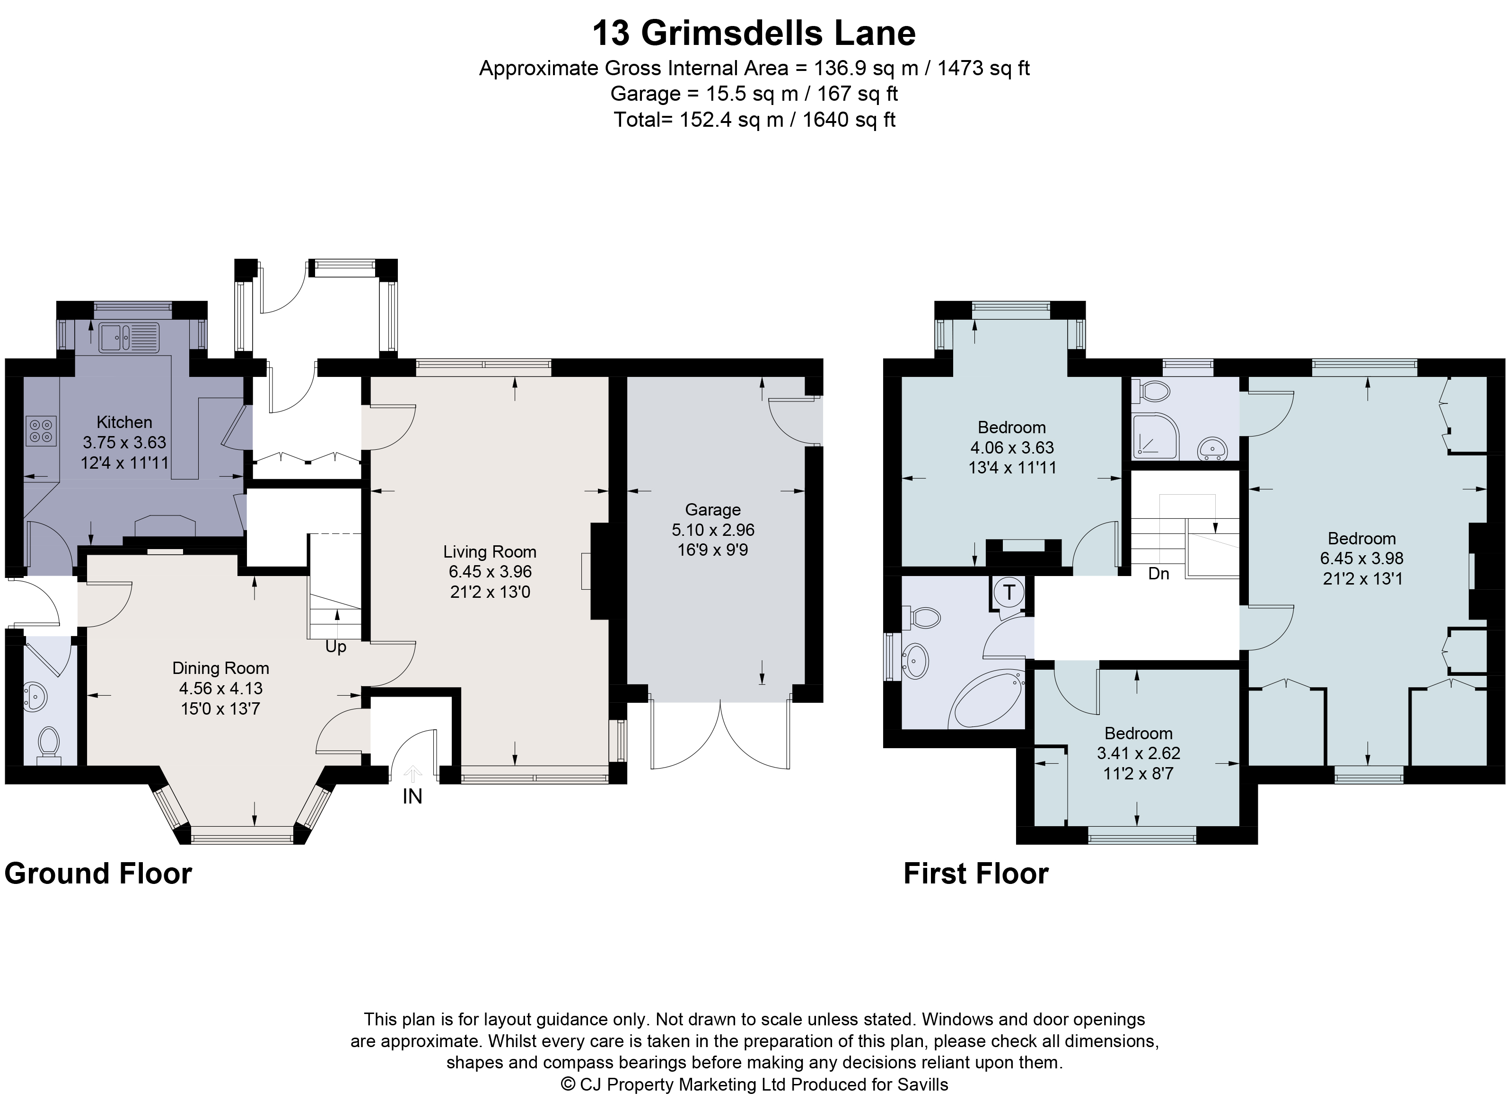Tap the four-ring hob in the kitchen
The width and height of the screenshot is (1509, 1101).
41,430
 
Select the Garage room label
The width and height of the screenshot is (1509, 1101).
712,510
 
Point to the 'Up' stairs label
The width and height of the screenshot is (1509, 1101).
336,647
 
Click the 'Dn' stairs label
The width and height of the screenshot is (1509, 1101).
1158,574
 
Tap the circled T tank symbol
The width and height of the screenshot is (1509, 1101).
1009,593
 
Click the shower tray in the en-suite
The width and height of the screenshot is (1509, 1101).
1154,436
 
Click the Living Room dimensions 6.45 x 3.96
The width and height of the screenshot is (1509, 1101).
490,572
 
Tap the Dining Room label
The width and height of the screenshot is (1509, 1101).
220,668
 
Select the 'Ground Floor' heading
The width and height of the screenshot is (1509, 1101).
98,873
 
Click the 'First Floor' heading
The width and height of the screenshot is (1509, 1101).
975,873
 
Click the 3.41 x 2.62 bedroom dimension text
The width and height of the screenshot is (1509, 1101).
1139,754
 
